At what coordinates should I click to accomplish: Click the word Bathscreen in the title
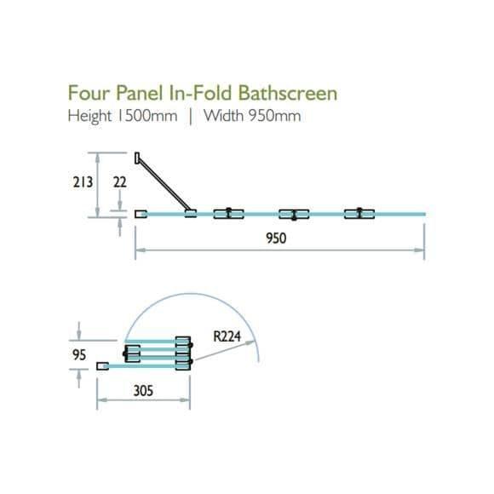coord(287,93)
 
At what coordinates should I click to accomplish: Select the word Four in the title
coord(89,93)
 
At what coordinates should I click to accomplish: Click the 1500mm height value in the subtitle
coord(147,116)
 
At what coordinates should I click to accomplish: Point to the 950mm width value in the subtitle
coord(275,116)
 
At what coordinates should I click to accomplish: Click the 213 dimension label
coord(83,182)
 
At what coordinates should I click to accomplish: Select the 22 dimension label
coord(120,182)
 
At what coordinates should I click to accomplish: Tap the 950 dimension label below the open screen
coord(276,238)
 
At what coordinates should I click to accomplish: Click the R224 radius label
coord(227,336)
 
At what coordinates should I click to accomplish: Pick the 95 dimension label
coord(79,355)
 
